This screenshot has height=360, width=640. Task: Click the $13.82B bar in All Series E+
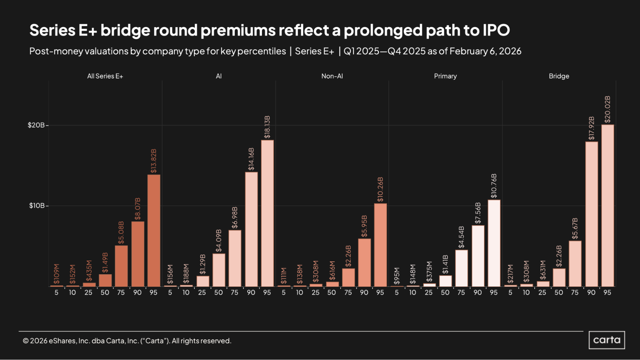[x=154, y=230]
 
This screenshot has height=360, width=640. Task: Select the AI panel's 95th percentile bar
[x=267, y=213]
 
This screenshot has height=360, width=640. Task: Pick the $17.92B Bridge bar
[x=591, y=214]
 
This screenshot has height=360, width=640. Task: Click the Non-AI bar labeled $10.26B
[x=380, y=245]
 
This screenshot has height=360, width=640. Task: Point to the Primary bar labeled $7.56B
[x=478, y=256]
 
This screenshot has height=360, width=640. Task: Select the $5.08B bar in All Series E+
[x=121, y=266]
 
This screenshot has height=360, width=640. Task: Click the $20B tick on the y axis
[x=36, y=125]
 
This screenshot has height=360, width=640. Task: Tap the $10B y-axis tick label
[x=37, y=205]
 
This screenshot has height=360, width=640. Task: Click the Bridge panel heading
[x=559, y=76]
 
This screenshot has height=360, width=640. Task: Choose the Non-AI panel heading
[x=332, y=76]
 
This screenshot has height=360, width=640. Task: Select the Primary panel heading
[x=445, y=76]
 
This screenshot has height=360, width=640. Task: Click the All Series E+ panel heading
[x=105, y=76]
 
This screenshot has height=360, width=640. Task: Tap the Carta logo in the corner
[x=606, y=340]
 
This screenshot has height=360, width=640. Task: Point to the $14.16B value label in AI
[x=251, y=159]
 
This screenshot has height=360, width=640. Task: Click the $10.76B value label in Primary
[x=494, y=186]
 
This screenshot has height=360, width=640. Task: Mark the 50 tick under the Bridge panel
[x=558, y=292]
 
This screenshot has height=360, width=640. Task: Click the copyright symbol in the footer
[x=26, y=341]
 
